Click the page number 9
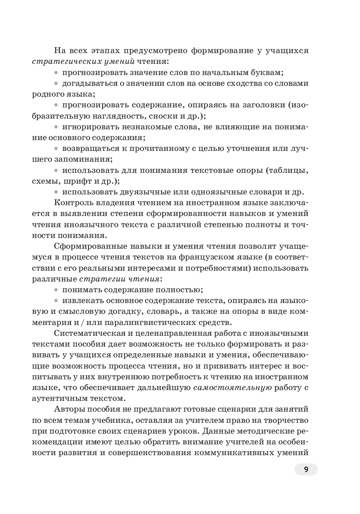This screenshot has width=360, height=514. tap(306, 469)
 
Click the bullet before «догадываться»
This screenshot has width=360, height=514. tap(57, 83)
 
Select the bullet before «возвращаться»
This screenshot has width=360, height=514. tap(57, 148)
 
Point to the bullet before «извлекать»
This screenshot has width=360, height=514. tap(57, 301)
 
